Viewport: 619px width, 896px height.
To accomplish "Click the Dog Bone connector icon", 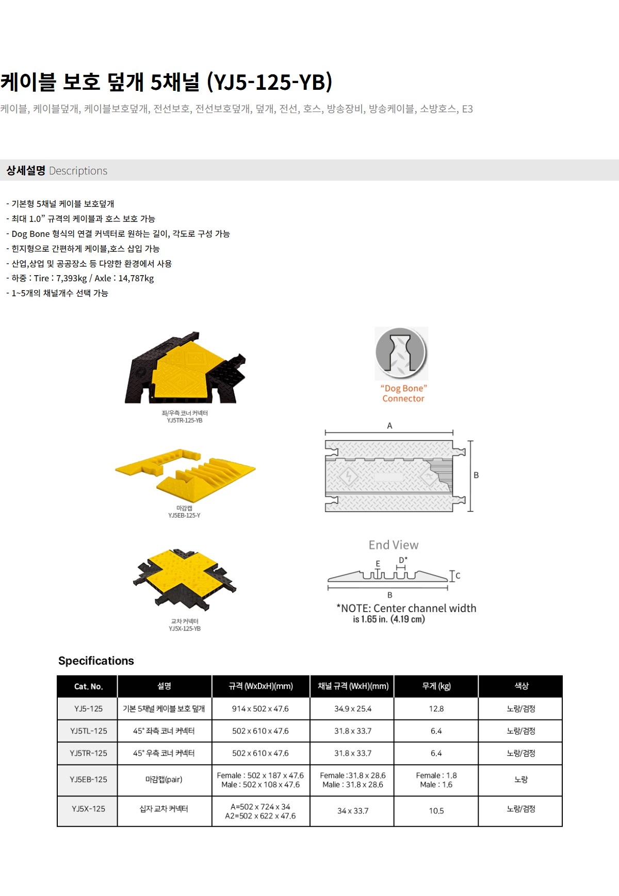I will click(x=401, y=353).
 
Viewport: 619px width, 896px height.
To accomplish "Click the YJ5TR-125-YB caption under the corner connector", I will click(x=185, y=421).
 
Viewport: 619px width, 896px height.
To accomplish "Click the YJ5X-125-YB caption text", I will click(x=185, y=629).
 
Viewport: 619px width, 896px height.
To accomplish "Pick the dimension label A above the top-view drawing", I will click(x=389, y=426).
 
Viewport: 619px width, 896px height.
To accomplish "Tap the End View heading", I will click(x=394, y=545).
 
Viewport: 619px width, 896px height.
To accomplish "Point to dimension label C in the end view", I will click(x=458, y=575).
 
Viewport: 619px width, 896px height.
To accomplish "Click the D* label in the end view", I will click(x=403, y=560).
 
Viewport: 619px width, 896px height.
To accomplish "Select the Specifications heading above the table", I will click(x=96, y=661).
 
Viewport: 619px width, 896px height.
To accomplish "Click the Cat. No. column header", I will click(x=88, y=686).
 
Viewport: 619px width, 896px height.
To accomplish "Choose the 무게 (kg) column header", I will click(x=436, y=686).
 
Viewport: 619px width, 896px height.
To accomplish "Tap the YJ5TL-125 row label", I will click(x=88, y=731).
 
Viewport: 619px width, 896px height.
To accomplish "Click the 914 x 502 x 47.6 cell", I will click(x=260, y=709).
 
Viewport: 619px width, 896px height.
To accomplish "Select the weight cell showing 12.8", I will click(x=436, y=709).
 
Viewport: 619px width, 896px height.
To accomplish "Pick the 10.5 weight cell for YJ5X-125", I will click(x=436, y=811).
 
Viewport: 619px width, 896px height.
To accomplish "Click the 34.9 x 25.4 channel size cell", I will click(x=353, y=709).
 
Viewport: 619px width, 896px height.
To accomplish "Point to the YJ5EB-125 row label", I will click(x=88, y=779).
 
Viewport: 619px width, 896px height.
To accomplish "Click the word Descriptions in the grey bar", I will click(x=78, y=171).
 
